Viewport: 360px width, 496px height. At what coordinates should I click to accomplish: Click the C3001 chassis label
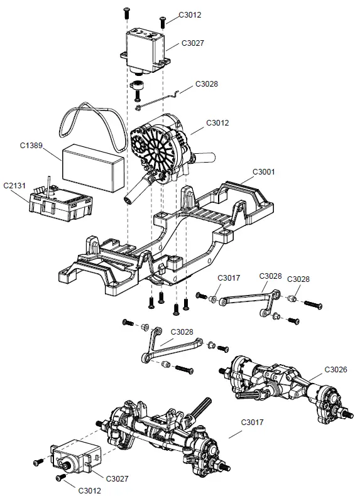pyautogui.click(x=265, y=171)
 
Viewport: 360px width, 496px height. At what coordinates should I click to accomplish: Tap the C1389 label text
pyautogui.click(x=31, y=146)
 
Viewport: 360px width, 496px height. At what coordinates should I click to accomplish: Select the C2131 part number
pyautogui.click(x=16, y=186)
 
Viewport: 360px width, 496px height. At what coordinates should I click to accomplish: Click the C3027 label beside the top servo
pyautogui.click(x=194, y=43)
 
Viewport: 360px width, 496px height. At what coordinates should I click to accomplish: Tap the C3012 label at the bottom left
pyautogui.click(x=92, y=488)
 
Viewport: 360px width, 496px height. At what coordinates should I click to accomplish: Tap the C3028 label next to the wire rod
pyautogui.click(x=207, y=84)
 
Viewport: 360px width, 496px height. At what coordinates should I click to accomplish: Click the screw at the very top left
pyautogui.click(x=127, y=11)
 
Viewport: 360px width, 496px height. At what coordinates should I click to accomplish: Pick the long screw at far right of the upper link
pyautogui.click(x=313, y=305)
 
